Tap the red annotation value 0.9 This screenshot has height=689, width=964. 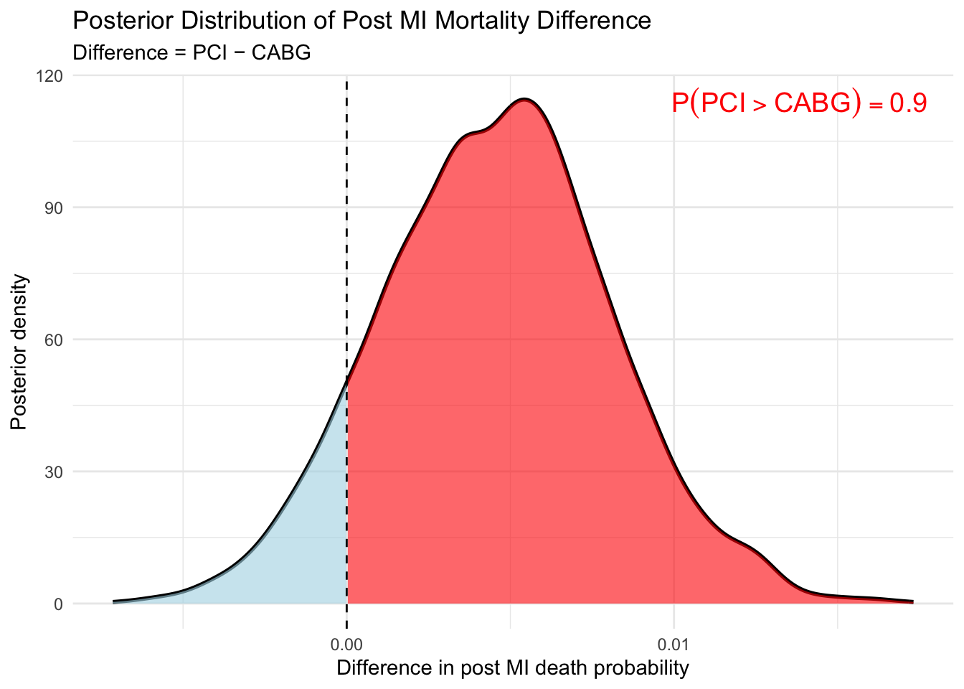coord(908,103)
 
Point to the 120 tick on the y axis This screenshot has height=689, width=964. coord(53,75)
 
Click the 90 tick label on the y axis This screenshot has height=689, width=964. coord(56,207)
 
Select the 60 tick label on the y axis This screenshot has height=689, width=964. coord(56,339)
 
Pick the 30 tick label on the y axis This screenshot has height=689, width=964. coord(56,472)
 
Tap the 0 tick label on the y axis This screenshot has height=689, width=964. coord(59,604)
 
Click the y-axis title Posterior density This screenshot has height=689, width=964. coord(19,352)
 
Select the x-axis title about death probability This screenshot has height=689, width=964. coord(512,668)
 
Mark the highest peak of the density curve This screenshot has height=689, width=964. coord(525,99)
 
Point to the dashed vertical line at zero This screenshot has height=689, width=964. coord(347,215)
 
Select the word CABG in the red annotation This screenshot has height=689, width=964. coord(813,103)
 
